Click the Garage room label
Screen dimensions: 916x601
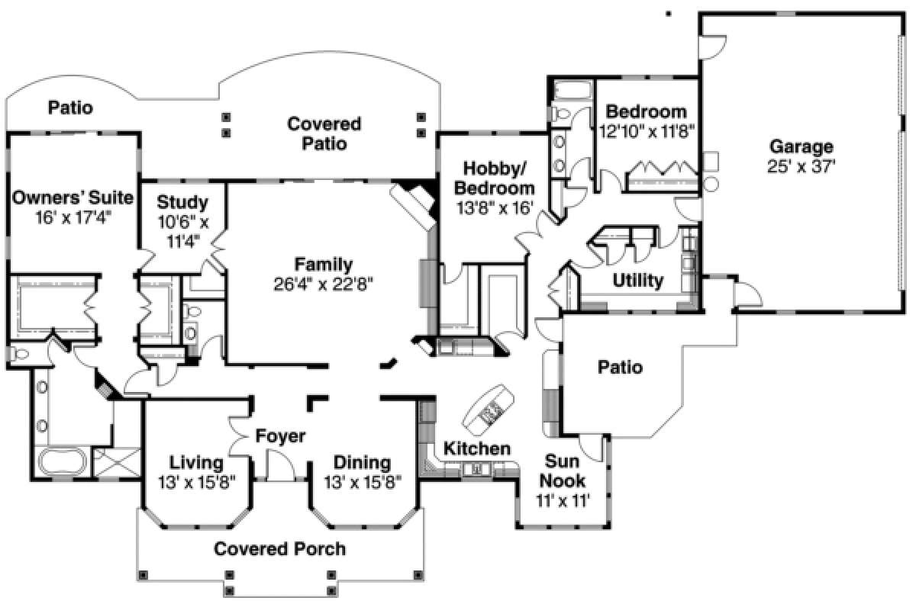tap(801, 146)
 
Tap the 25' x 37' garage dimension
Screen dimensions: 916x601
tap(801, 166)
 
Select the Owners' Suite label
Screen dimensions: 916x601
tap(73, 198)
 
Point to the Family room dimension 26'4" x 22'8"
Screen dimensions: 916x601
tap(324, 284)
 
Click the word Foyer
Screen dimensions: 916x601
tap(281, 436)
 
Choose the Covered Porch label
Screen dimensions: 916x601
tap(279, 548)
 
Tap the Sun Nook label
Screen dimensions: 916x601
tap(563, 471)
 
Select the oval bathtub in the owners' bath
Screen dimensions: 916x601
tap(62, 461)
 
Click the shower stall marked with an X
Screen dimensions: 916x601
tap(117, 462)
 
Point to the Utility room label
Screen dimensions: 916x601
tap(638, 280)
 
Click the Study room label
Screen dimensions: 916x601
tap(182, 202)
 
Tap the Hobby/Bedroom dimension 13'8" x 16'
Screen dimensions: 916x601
tap(495, 208)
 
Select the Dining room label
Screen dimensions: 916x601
tap(363, 462)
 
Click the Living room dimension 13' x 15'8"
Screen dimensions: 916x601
tap(197, 483)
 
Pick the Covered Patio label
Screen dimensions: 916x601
tap(324, 133)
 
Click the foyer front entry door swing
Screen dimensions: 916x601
tap(281, 465)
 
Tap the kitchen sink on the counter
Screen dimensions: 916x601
tap(477, 469)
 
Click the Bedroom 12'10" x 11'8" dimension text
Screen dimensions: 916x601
tap(647, 131)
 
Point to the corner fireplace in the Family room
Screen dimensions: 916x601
tap(414, 203)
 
